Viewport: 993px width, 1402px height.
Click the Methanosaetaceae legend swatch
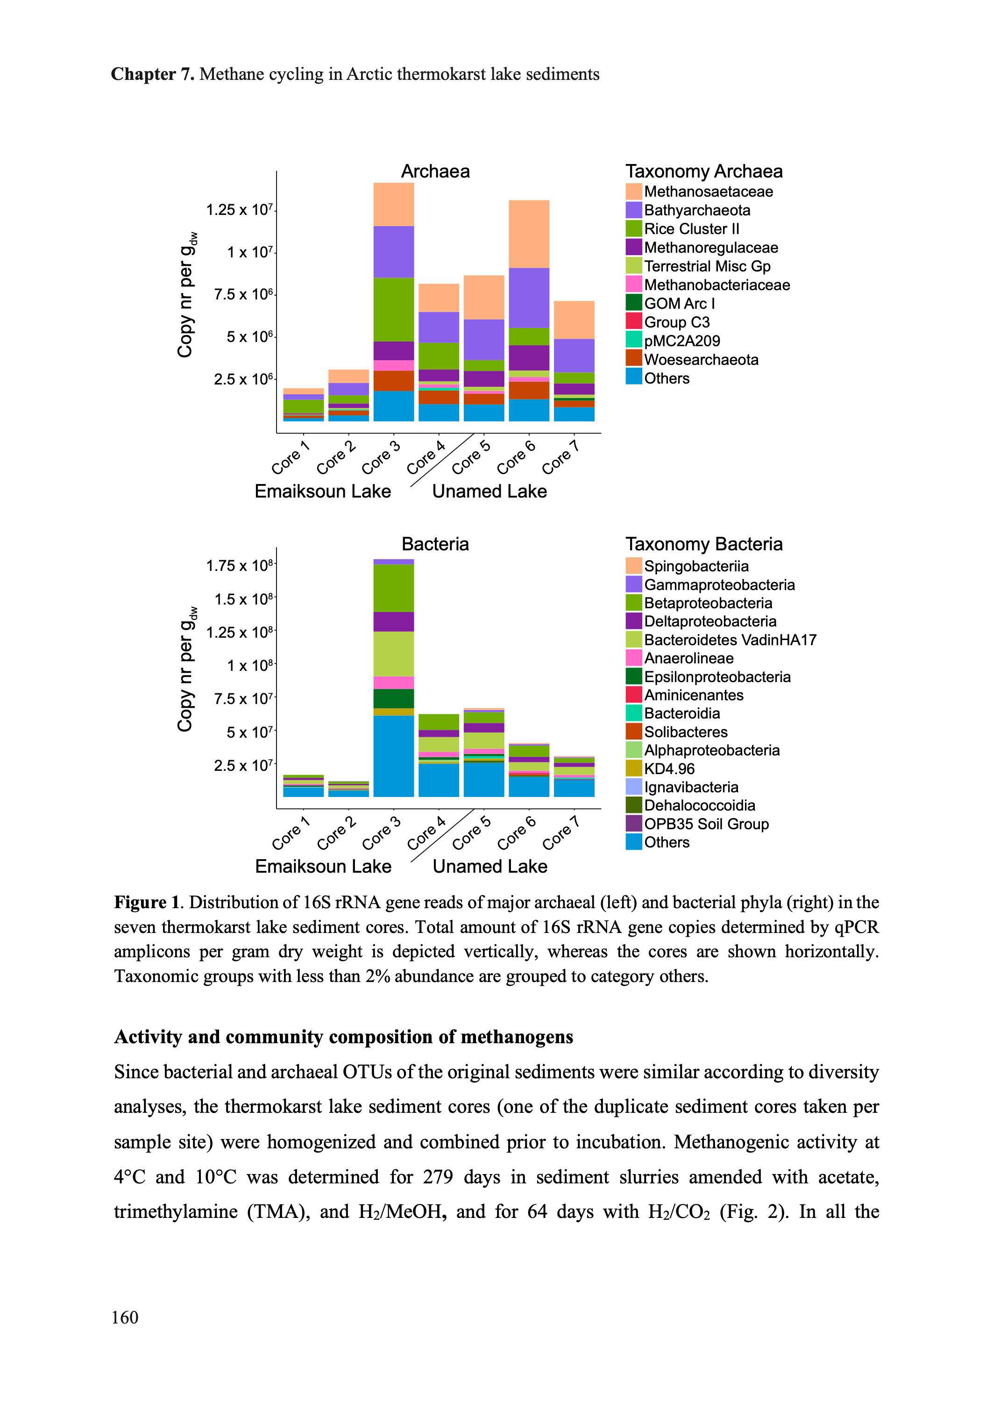coord(633,192)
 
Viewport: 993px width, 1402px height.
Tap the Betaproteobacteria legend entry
coord(708,603)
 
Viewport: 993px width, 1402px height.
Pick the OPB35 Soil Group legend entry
coord(706,824)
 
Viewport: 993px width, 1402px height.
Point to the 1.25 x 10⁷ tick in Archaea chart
coord(239,210)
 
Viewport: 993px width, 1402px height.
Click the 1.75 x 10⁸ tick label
coord(239,566)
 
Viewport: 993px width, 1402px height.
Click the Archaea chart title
coord(435,171)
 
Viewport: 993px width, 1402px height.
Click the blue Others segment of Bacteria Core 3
coord(394,756)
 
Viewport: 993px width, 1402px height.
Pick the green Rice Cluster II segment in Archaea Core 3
coord(394,309)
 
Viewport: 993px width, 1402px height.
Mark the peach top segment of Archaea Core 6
coord(529,234)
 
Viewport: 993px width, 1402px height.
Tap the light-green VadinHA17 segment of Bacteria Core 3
coord(394,654)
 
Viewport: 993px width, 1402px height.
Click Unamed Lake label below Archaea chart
coord(489,491)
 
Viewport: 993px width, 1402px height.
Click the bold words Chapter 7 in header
coord(153,74)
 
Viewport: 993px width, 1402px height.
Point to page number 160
coord(125,1317)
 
